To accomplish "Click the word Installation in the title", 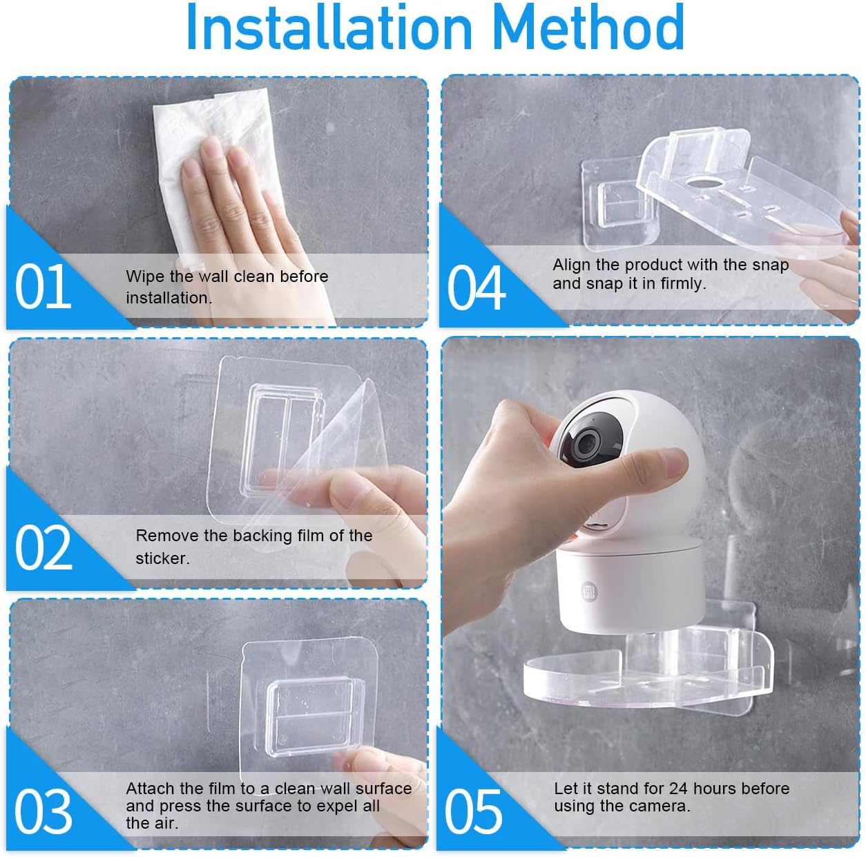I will (329, 28).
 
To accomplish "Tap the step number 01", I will (43, 287).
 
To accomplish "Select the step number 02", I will (43, 548).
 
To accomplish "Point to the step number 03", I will (43, 811).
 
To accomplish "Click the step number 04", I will (476, 288).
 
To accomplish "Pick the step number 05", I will (473, 811).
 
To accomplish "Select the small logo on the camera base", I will (588, 592).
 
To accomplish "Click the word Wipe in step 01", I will (145, 276).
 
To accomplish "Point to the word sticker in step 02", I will (162, 558).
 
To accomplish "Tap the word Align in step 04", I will (571, 265).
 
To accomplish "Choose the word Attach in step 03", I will (150, 789).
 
